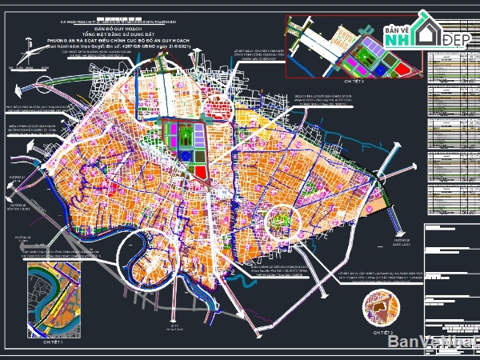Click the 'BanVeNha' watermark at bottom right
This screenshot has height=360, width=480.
tap(433, 342)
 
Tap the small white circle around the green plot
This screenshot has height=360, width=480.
tap(280, 217)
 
